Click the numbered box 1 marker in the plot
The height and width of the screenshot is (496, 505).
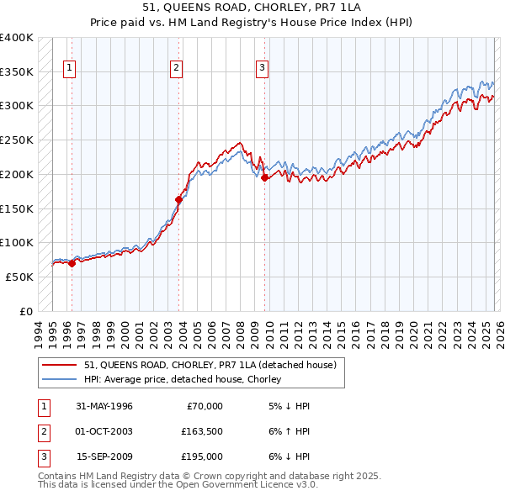[68, 69]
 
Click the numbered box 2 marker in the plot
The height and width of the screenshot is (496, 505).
[176, 69]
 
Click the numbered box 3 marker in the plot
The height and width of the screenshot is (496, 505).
[262, 69]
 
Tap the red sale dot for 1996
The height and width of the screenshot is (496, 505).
[72, 263]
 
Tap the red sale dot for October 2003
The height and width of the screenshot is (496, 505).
[178, 199]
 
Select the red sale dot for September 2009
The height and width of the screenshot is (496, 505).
[264, 177]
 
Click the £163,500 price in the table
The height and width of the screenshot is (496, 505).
[202, 431]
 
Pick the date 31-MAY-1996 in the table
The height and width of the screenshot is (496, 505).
[104, 406]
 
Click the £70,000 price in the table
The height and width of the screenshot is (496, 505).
[202, 406]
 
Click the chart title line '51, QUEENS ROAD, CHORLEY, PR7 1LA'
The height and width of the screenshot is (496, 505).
[252, 9]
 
